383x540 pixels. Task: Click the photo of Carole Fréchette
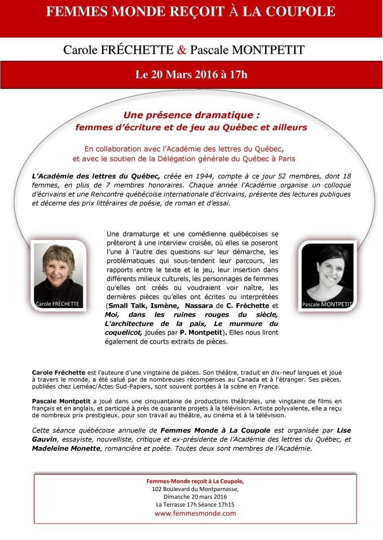tap(57, 270)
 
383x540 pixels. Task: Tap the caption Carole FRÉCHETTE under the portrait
tap(57, 304)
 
